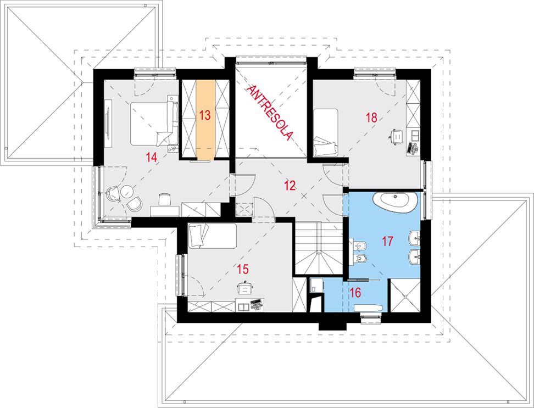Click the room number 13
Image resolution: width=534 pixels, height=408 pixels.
205,115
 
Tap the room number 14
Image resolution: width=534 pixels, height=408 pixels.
151,157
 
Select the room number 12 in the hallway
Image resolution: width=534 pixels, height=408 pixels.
290,186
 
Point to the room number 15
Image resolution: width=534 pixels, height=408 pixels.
242,270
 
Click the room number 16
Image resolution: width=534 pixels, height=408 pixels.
354,292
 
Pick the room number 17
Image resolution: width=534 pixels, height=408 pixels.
387,241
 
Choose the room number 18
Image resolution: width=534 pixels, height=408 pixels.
371,118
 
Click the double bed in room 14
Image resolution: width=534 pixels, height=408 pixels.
154,123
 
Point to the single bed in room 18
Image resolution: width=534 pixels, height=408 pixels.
326,133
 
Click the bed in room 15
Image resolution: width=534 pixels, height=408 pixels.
212,236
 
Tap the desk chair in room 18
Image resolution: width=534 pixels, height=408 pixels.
396,136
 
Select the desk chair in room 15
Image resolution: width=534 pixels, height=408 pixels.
245,288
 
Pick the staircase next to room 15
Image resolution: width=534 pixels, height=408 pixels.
319,248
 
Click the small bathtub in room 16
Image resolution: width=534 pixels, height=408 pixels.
369,308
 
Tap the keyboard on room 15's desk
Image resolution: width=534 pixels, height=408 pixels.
256,303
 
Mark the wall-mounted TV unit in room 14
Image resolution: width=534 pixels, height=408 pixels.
108,124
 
